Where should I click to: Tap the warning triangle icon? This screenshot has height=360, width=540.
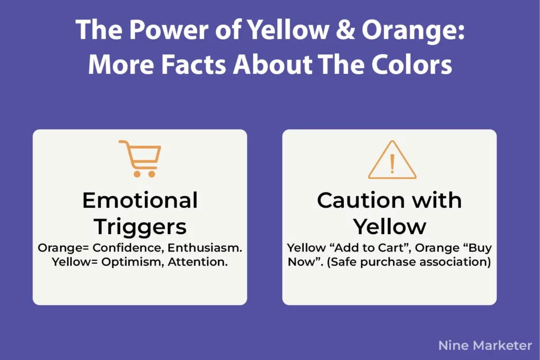point(392,160)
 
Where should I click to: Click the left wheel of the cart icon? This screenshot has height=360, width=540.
point(137,173)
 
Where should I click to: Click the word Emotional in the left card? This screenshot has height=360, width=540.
point(140,200)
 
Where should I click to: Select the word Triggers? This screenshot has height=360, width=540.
point(140,227)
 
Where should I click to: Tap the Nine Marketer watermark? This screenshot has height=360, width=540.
point(485,345)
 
